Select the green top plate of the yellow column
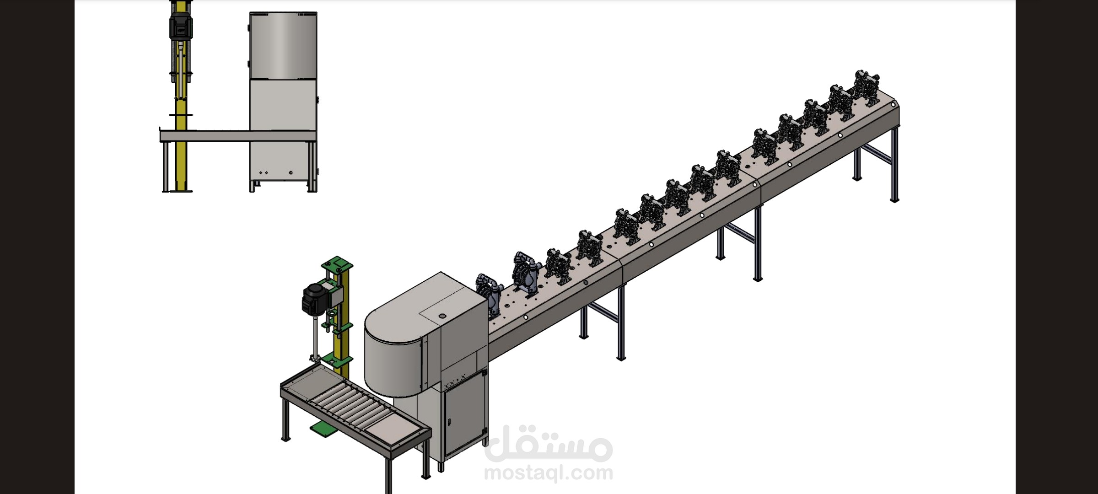tap(337, 263)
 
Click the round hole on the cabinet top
tap(442, 316)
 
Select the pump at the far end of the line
tap(867, 88)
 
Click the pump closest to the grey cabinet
tap(488, 295)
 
